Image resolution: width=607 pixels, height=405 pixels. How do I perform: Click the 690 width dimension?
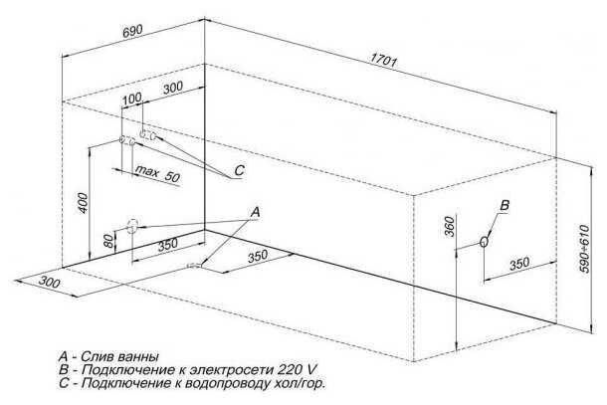pyautogui.click(x=134, y=30)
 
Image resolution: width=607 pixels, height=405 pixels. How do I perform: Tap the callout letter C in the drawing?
pyautogui.click(x=239, y=172)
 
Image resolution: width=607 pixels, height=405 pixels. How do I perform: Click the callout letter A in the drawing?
pyautogui.click(x=256, y=212)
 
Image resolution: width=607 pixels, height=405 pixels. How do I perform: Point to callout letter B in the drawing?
pyautogui.click(x=504, y=205)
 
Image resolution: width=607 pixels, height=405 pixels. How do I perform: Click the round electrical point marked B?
pyautogui.click(x=485, y=241)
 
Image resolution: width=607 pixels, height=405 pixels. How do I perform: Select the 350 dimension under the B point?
pyautogui.click(x=517, y=265)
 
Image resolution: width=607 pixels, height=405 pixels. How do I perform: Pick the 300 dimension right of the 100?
pyautogui.click(x=172, y=89)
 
